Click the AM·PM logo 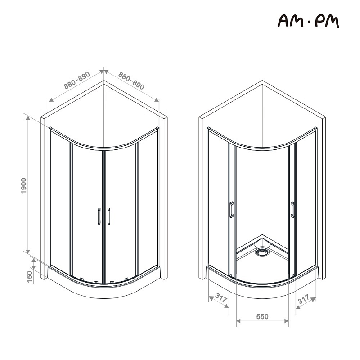[x=308, y=21]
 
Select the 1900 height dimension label [x=24, y=186]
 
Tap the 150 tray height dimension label [x=30, y=277]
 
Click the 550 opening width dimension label [x=262, y=317]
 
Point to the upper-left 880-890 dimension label [x=77, y=81]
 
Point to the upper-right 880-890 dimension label [x=131, y=81]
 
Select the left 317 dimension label [x=221, y=298]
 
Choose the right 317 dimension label [x=303, y=299]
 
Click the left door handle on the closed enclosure [x=99, y=216]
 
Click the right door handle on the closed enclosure [x=109, y=216]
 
